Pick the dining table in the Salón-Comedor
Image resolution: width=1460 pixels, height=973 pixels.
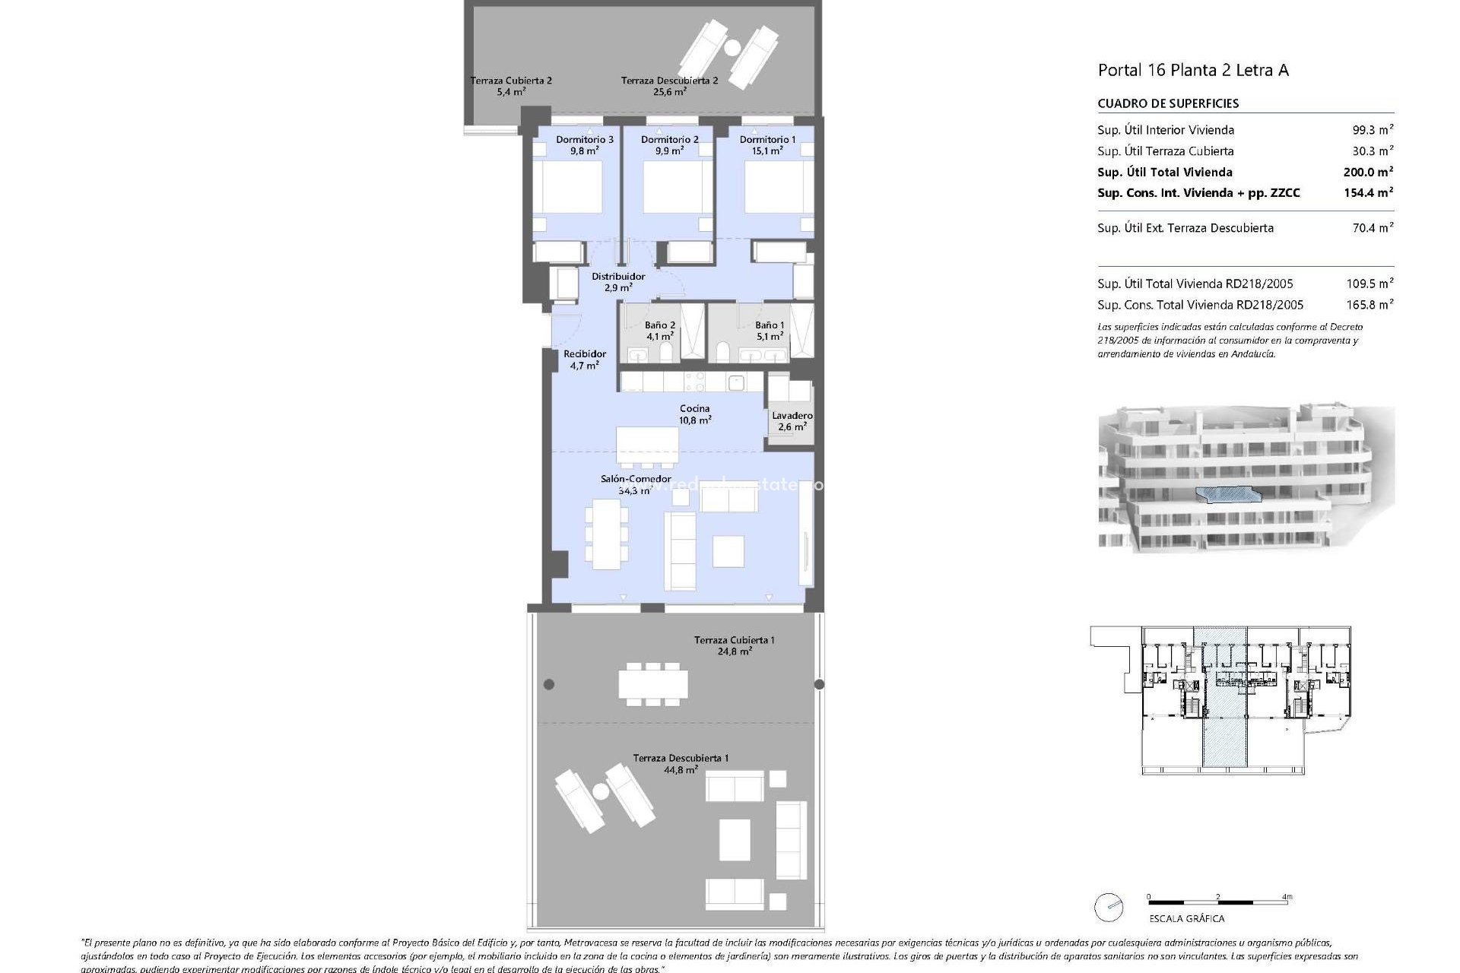pyautogui.click(x=606, y=534)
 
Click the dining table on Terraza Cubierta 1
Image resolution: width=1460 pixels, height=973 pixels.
pyautogui.click(x=652, y=683)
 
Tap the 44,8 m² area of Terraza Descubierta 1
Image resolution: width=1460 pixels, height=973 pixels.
pyautogui.click(x=681, y=770)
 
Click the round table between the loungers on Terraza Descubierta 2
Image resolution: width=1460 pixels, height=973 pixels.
pyautogui.click(x=732, y=49)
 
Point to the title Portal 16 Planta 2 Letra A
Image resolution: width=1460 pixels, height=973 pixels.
pyautogui.click(x=1192, y=71)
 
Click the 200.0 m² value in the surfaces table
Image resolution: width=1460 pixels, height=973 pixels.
pyautogui.click(x=1367, y=173)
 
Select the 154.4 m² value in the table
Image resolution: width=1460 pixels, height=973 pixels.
pyautogui.click(x=1367, y=193)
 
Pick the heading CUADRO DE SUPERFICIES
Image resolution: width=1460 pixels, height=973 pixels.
pyautogui.click(x=1168, y=103)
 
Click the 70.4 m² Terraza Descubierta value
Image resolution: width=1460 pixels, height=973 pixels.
pyautogui.click(x=1372, y=228)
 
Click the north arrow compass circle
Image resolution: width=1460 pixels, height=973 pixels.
pyautogui.click(x=1109, y=907)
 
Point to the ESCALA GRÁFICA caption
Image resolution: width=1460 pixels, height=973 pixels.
pyautogui.click(x=1186, y=918)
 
